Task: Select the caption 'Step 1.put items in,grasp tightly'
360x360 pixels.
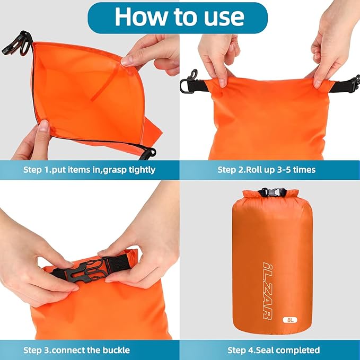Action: click(x=90, y=170)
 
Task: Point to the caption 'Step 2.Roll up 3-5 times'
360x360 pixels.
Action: click(x=266, y=170)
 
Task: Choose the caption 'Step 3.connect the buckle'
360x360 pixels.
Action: click(x=76, y=350)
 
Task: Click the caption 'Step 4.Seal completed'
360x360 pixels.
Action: click(x=274, y=350)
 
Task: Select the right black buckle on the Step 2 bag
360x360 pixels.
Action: click(x=351, y=83)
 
